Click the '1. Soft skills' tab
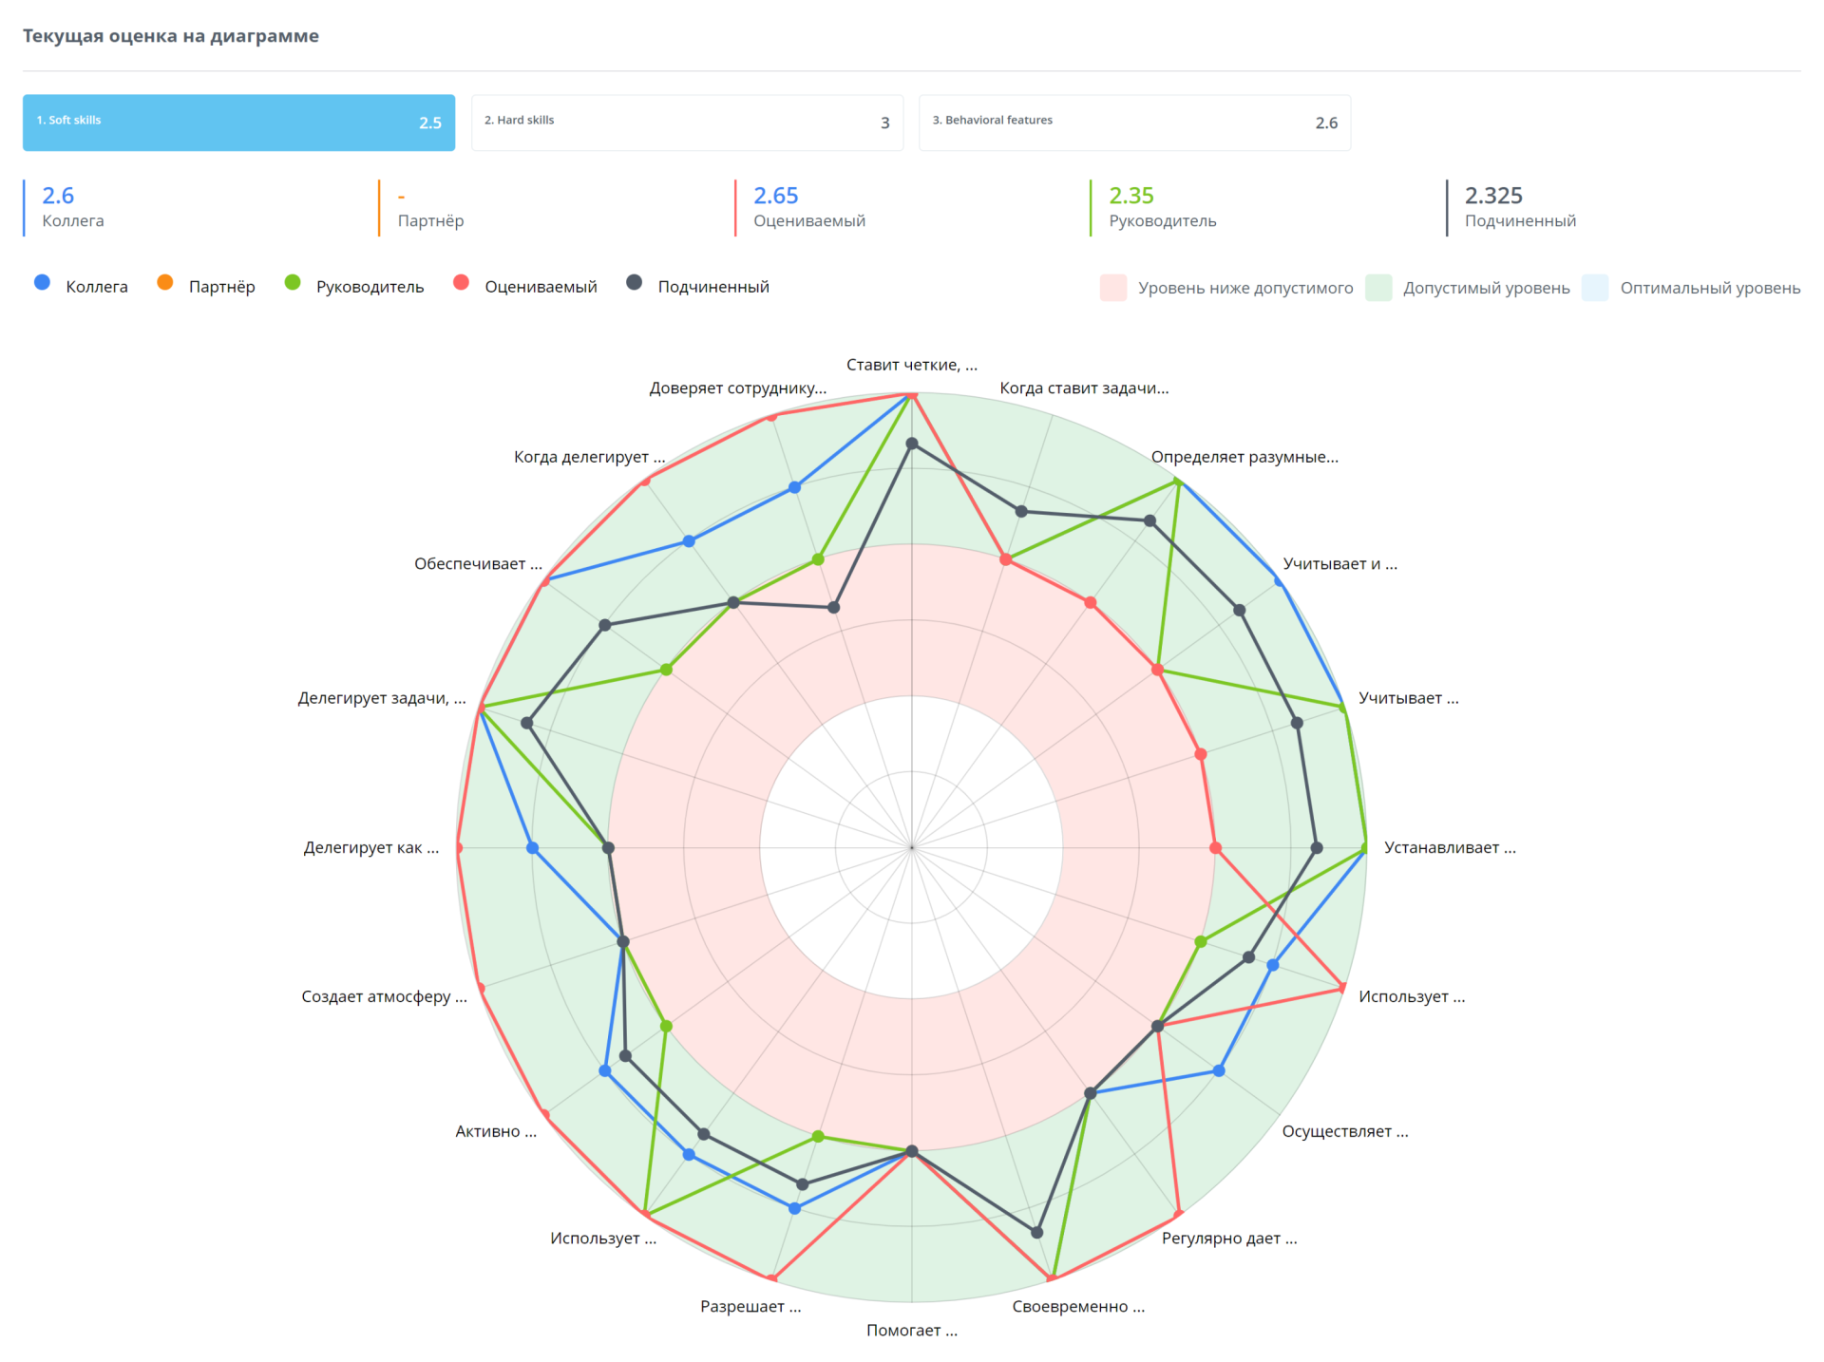pos(237,123)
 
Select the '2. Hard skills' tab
pos(686,123)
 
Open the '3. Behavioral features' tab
pos(1134,123)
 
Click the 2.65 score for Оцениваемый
pos(775,196)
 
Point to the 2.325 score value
pos(1492,196)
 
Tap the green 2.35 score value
pos(1130,196)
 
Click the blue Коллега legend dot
pos(42,282)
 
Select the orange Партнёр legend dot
pos(165,282)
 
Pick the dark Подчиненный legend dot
pos(634,282)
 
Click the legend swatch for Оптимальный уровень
pos(1594,288)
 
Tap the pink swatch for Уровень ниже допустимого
pos(1112,288)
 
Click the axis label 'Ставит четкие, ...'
pos(911,365)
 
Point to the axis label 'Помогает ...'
pos(911,1330)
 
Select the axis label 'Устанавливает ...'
pos(1449,847)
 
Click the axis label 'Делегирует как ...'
pos(371,847)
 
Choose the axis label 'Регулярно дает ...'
pos(1228,1238)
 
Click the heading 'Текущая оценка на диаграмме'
pos(171,36)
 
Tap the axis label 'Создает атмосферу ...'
pos(384,996)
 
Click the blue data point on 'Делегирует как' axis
pos(532,848)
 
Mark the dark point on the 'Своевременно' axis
pos(1036,1232)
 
